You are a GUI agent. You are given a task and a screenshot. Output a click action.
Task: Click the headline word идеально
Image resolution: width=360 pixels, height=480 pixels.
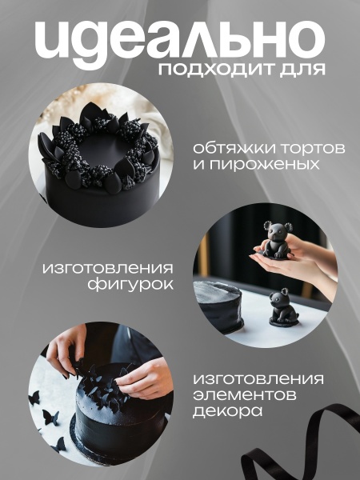180,38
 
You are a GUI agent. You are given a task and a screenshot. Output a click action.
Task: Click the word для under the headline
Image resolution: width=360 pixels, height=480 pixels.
305,70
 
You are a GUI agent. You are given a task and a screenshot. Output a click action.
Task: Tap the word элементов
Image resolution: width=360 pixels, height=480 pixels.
248,397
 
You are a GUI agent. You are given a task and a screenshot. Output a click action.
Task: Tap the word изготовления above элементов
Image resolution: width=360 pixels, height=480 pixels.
258,380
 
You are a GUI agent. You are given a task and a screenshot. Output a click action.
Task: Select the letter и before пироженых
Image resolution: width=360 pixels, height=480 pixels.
198,166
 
